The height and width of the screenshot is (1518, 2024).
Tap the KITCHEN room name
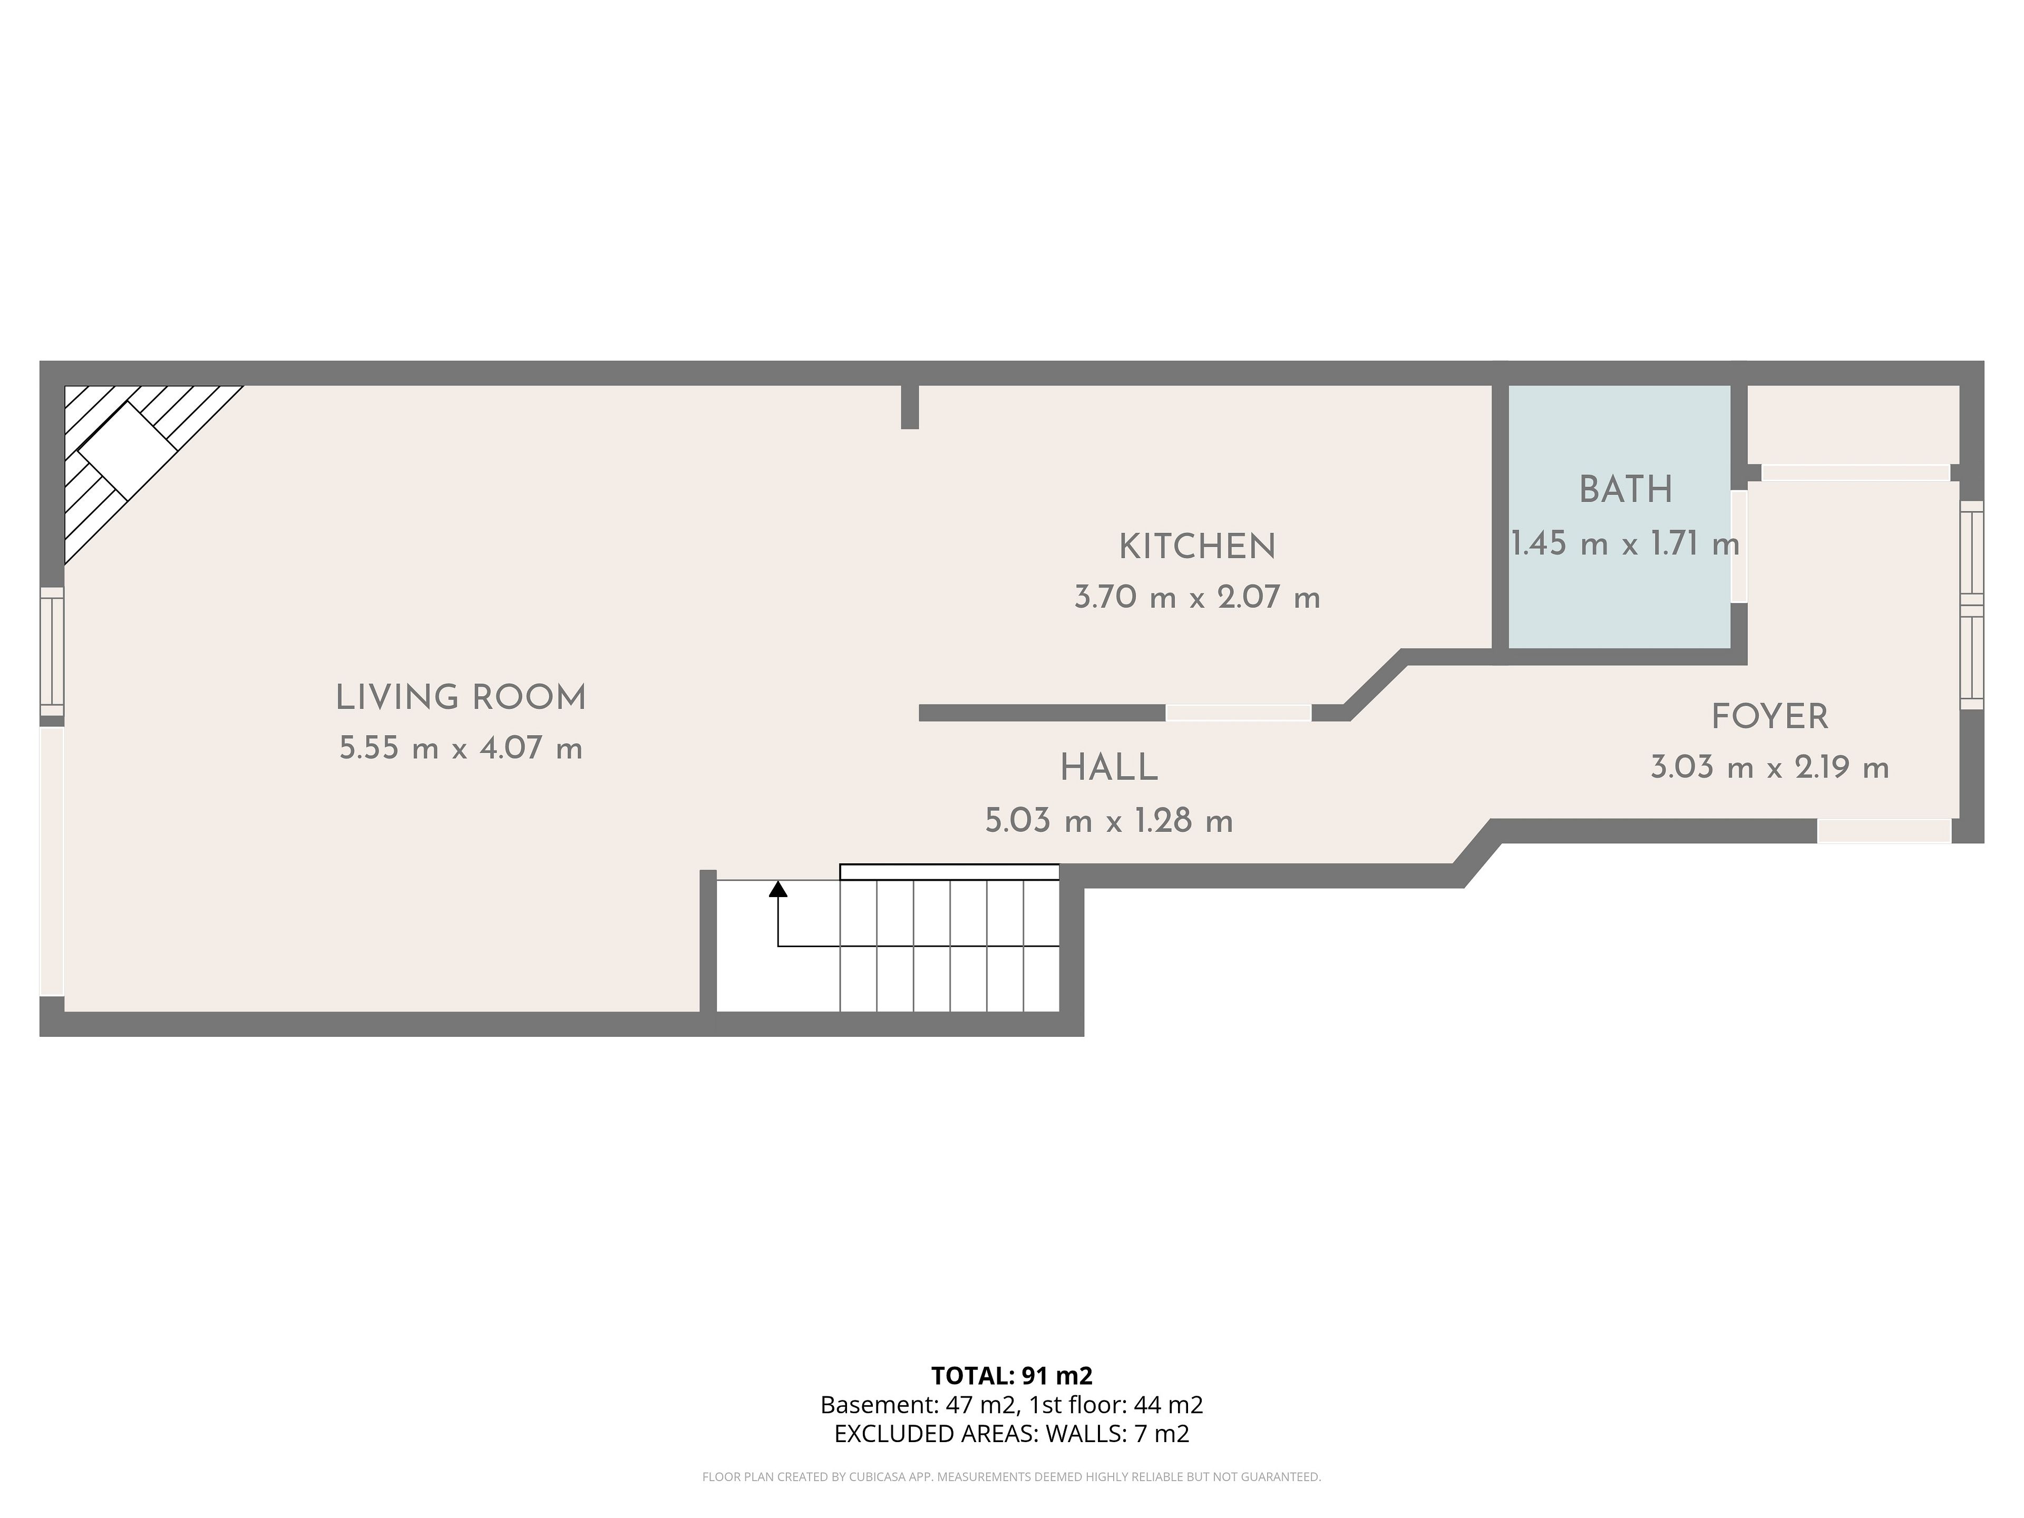pos(1197,547)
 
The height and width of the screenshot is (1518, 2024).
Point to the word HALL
pos(1109,768)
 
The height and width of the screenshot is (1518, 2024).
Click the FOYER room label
pos(1769,716)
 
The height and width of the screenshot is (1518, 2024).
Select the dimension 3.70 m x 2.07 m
pos(1197,598)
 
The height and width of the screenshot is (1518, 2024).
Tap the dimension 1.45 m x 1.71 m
pos(1625,543)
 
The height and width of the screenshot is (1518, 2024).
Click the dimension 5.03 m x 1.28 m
pos(1109,820)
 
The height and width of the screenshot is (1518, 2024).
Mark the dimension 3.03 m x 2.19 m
pos(1769,767)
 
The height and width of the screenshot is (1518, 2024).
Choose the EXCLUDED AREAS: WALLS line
pos(1012,1434)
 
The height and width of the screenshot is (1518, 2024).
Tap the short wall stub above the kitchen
pos(910,407)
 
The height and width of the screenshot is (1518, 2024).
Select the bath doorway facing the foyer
pos(1738,546)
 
